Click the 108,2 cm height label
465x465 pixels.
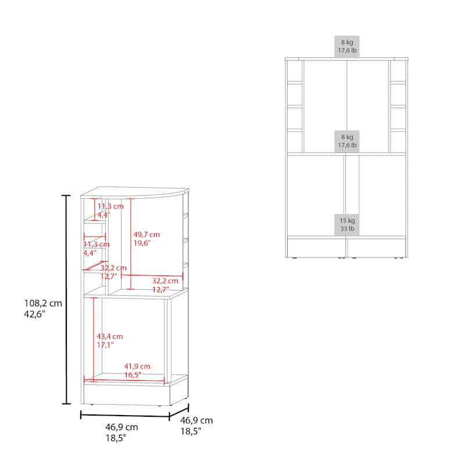click(x=43, y=303)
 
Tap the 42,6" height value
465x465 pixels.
click(x=35, y=314)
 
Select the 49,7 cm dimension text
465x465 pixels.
click(x=146, y=235)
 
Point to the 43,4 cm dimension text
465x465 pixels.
click(x=110, y=337)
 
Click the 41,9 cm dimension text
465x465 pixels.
click(x=137, y=366)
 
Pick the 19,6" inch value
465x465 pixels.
click(x=142, y=243)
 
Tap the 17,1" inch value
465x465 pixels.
click(x=105, y=345)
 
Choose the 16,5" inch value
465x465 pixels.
click(x=133, y=375)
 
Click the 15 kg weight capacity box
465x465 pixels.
click(x=347, y=225)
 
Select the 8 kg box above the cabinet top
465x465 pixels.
click(x=347, y=46)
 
